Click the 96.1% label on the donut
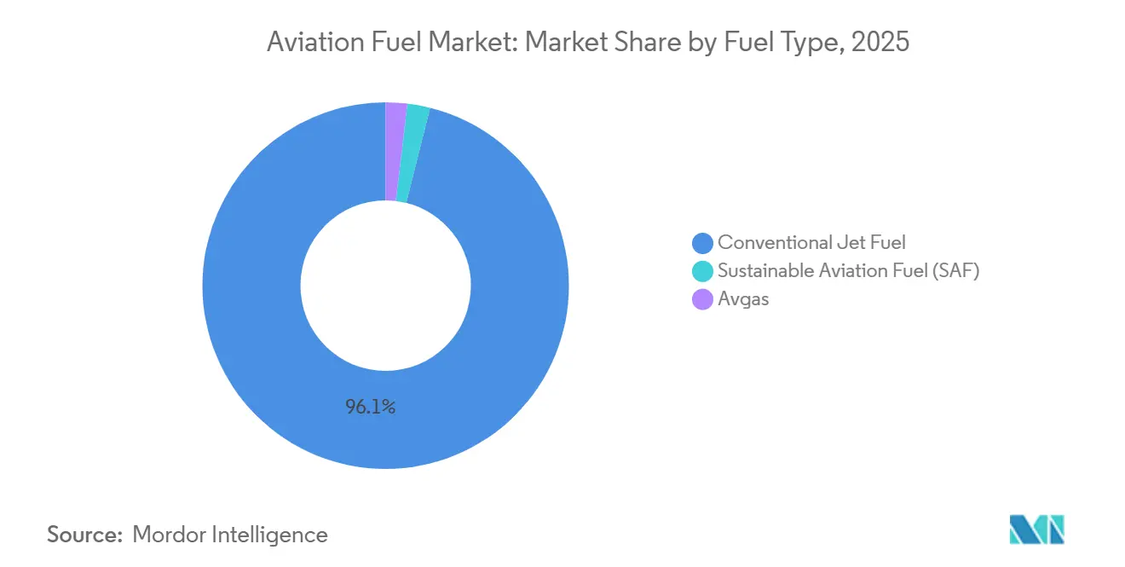[x=370, y=408]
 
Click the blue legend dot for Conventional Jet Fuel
[x=702, y=243]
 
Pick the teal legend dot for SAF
[x=702, y=271]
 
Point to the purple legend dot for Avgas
[x=702, y=299]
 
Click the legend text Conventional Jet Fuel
[x=811, y=243]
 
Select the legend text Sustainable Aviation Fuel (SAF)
[x=848, y=271]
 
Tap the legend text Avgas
[x=743, y=299]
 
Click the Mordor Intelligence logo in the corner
[x=1037, y=529]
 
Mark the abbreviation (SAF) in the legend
[x=955, y=271]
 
